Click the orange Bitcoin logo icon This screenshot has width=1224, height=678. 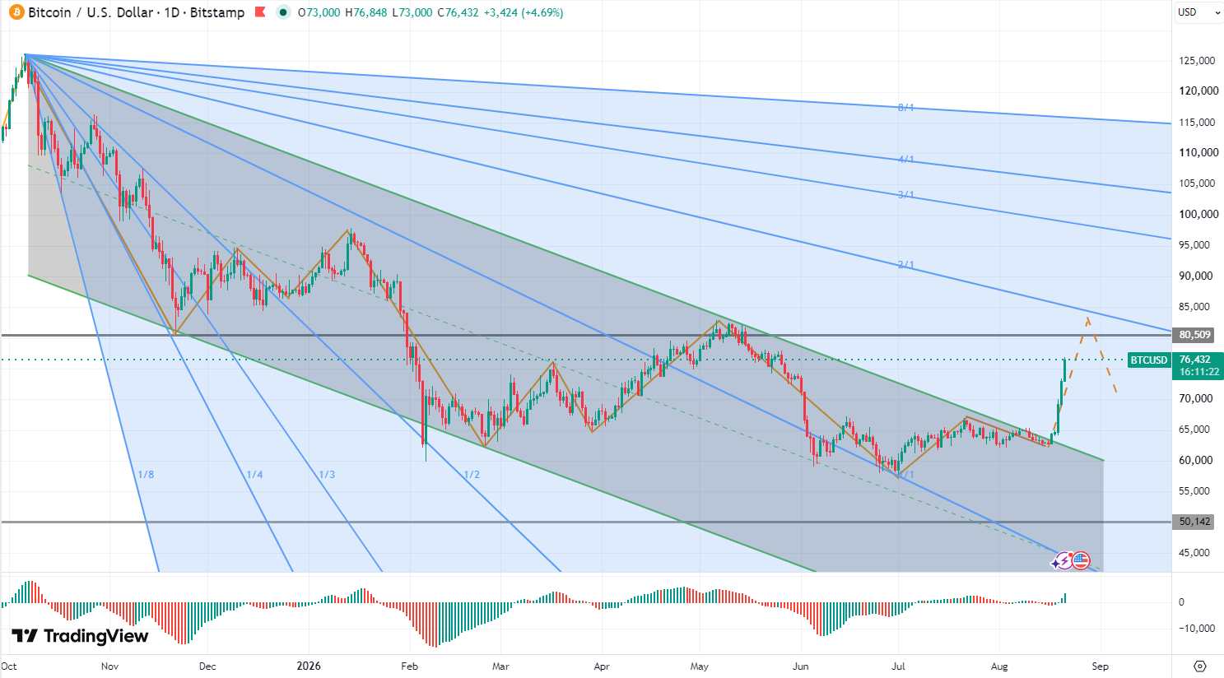tap(16, 12)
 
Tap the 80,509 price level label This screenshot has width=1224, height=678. tap(1194, 334)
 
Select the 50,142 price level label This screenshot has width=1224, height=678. tap(1194, 522)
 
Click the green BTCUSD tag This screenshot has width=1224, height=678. tap(1148, 360)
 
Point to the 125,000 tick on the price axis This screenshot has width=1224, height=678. tap(1197, 61)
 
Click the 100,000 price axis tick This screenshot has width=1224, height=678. tap(1197, 214)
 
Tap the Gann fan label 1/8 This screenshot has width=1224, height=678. tap(146, 474)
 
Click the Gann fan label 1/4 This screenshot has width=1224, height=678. tap(254, 474)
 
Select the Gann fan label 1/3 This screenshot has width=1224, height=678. tap(327, 474)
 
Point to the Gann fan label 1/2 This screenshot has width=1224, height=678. tap(472, 474)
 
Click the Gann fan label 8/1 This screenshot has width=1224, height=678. tap(906, 108)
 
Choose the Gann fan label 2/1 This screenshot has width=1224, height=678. tap(906, 264)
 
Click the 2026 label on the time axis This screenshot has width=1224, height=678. tap(309, 666)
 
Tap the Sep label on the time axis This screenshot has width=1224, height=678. tap(1100, 666)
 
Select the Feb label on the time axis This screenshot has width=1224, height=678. tap(409, 666)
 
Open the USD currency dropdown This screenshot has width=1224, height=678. tap(1198, 12)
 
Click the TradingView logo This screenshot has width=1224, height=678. tap(80, 636)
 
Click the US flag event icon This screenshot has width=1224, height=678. tap(1080, 560)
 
